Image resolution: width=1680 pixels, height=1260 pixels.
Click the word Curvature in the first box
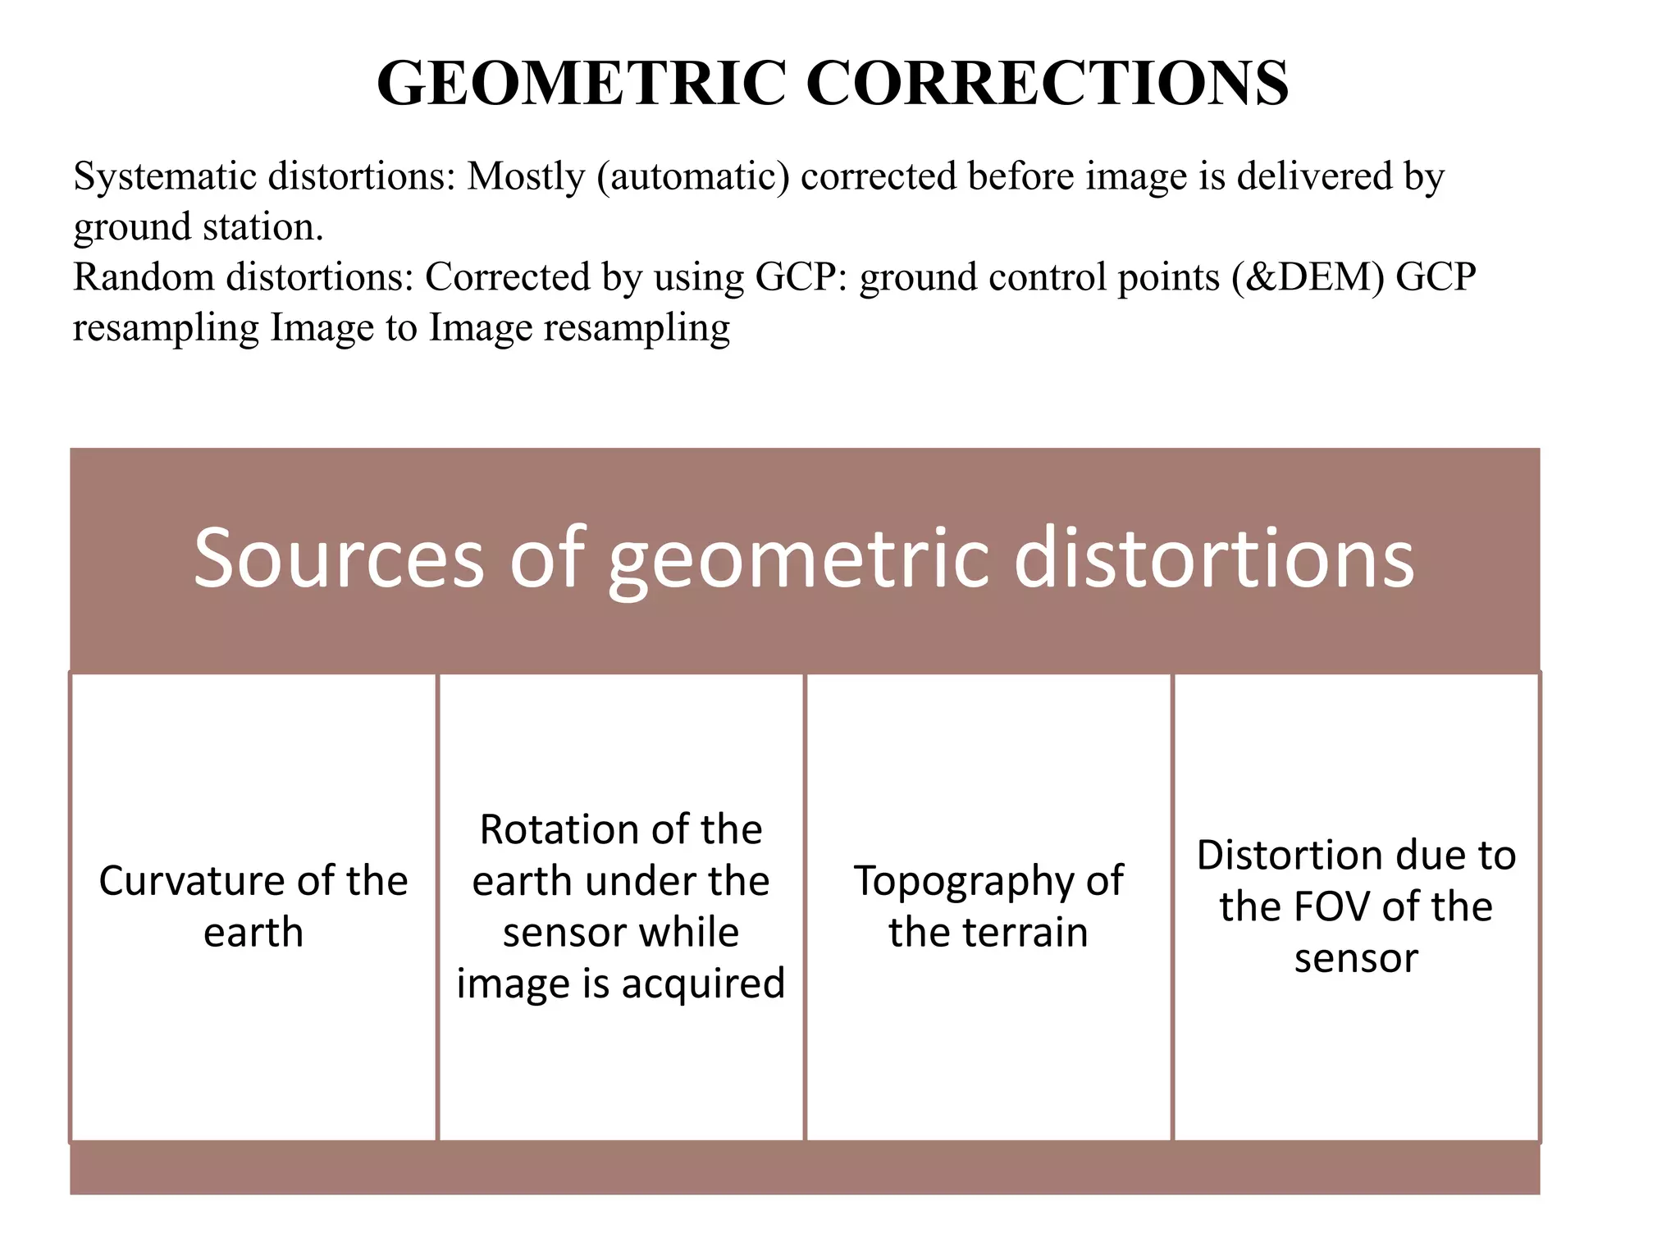[x=191, y=881]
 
